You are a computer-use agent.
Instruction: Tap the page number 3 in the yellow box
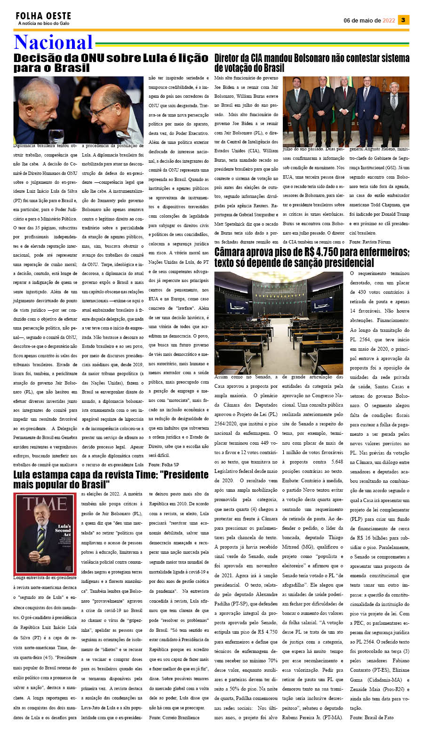point(403,20)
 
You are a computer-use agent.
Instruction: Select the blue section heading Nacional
point(53,42)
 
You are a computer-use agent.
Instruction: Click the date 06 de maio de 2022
point(369,20)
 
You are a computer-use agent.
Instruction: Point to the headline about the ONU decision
point(111,63)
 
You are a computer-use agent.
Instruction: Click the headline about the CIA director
point(311,63)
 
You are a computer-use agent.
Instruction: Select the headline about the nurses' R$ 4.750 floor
point(311,257)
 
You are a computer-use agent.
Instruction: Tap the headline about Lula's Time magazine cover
point(111,479)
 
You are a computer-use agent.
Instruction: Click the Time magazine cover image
point(45,533)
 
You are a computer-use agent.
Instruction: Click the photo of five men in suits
point(346,112)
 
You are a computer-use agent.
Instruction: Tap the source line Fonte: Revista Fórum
point(370,242)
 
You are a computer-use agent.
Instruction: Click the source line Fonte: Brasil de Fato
point(372,717)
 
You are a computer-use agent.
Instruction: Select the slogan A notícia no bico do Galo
point(43,24)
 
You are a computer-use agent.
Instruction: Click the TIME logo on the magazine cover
point(45,504)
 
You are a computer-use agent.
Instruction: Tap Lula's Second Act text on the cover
point(63,530)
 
